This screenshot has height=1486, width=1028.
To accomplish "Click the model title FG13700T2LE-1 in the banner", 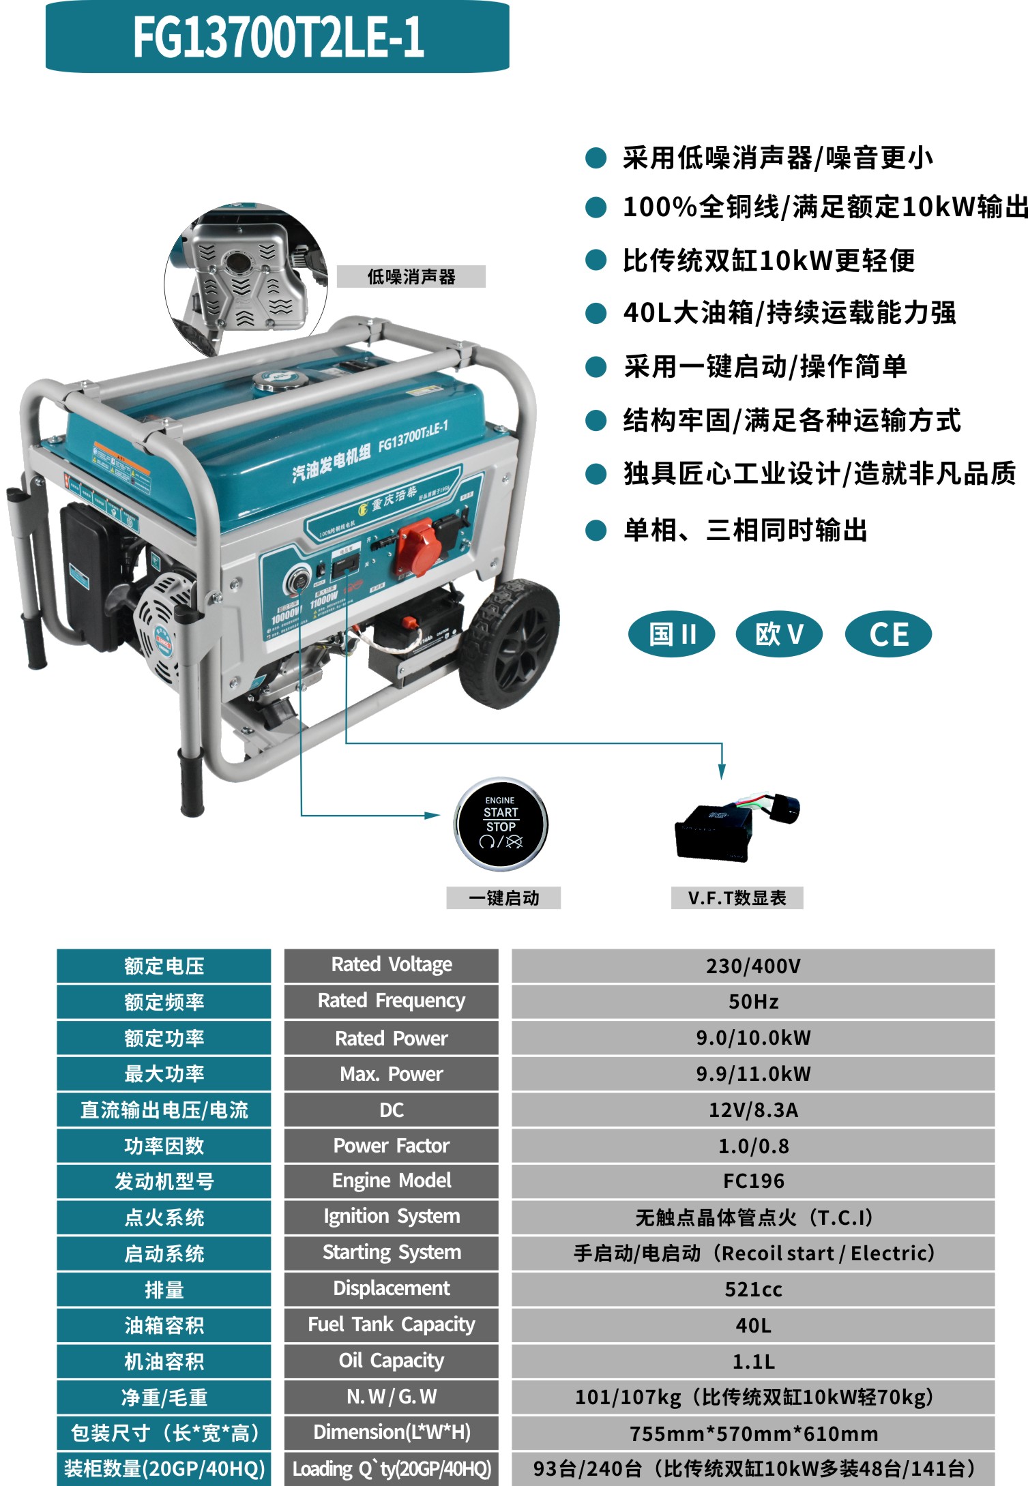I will point(278,37).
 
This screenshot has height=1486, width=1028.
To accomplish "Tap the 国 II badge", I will point(671,634).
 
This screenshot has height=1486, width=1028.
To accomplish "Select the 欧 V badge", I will point(778,634).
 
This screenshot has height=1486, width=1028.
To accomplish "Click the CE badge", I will point(887,634).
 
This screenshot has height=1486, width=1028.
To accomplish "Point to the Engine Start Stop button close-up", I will point(501,824).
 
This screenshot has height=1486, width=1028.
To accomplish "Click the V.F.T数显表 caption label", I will point(737,897).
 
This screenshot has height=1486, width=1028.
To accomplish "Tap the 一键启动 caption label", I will point(503,897).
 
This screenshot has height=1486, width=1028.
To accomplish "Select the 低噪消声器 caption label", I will point(411,276).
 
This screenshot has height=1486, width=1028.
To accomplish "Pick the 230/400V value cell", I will point(753,966).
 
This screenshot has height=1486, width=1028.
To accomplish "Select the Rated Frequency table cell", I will point(391,1001).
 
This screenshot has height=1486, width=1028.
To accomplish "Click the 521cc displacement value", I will point(753,1289).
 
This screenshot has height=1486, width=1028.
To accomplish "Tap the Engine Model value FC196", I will point(753,1181).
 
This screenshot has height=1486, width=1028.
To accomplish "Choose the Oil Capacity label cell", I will point(391,1361).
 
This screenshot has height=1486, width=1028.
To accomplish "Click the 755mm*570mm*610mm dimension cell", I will point(753,1433).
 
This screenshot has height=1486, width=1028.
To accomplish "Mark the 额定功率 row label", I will point(164,1038).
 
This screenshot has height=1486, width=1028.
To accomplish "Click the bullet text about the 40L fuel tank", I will point(789,313).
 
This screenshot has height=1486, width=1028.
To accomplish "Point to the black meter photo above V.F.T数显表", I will point(733,827).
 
